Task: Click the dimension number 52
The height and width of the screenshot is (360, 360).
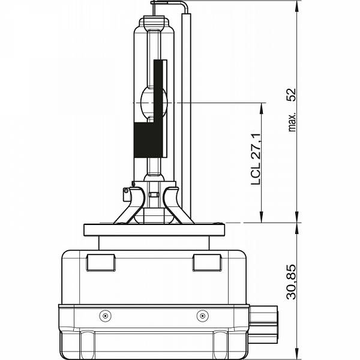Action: pyautogui.click(x=292, y=95)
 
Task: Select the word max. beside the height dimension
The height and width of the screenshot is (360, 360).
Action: pyautogui.click(x=292, y=122)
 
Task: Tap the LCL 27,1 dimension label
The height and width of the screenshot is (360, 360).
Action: pyautogui.click(x=256, y=159)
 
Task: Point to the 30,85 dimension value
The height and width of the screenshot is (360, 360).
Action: pyautogui.click(x=292, y=282)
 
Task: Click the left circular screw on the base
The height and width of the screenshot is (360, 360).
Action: pyautogui.click(x=106, y=316)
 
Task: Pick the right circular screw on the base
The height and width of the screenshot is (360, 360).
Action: pyautogui.click(x=203, y=316)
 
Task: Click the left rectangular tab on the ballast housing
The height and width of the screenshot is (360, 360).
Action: pyautogui.click(x=101, y=263)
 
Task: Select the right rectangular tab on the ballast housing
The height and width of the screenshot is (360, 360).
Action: pyautogui.click(x=208, y=263)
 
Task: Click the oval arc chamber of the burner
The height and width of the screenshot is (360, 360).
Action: pyautogui.click(x=154, y=103)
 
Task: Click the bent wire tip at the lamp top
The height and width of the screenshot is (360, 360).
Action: pyautogui.click(x=169, y=3)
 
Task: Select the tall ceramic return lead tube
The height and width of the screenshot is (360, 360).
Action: pyautogui.click(x=186, y=115)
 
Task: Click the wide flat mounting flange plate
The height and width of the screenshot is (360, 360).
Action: pyautogui.click(x=154, y=230)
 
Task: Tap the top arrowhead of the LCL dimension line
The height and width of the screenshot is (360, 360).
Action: pyautogui.click(x=261, y=109)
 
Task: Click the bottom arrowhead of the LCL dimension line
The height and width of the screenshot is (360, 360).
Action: pyautogui.click(x=261, y=217)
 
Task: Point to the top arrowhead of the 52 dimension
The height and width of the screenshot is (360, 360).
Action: pyautogui.click(x=297, y=6)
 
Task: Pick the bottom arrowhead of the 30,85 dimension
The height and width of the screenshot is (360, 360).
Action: pyautogui.click(x=297, y=354)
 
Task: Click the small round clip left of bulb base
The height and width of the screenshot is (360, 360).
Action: pyautogui.click(x=125, y=191)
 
